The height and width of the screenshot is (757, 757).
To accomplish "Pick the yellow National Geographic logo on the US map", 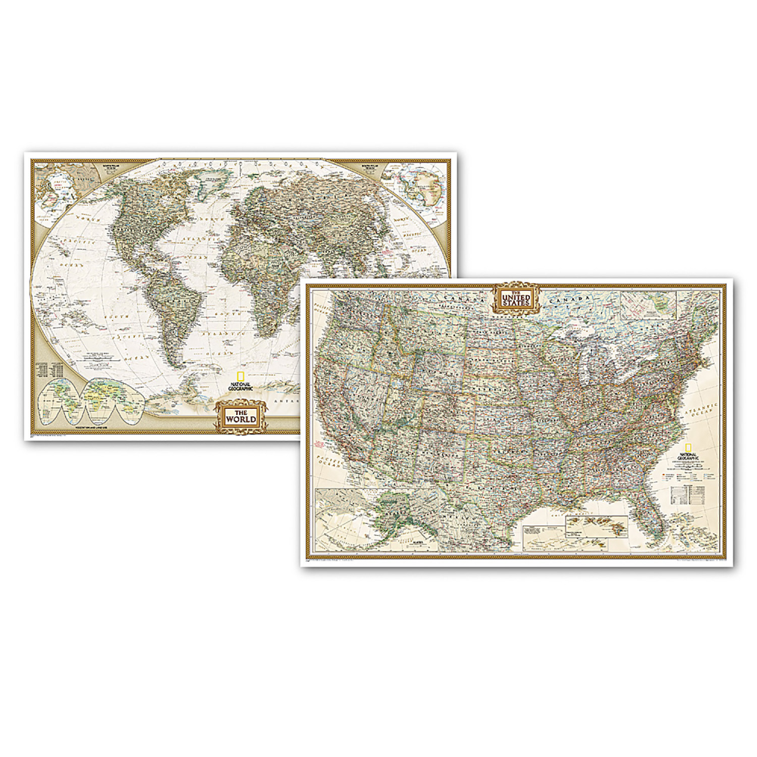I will [x=687, y=451].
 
